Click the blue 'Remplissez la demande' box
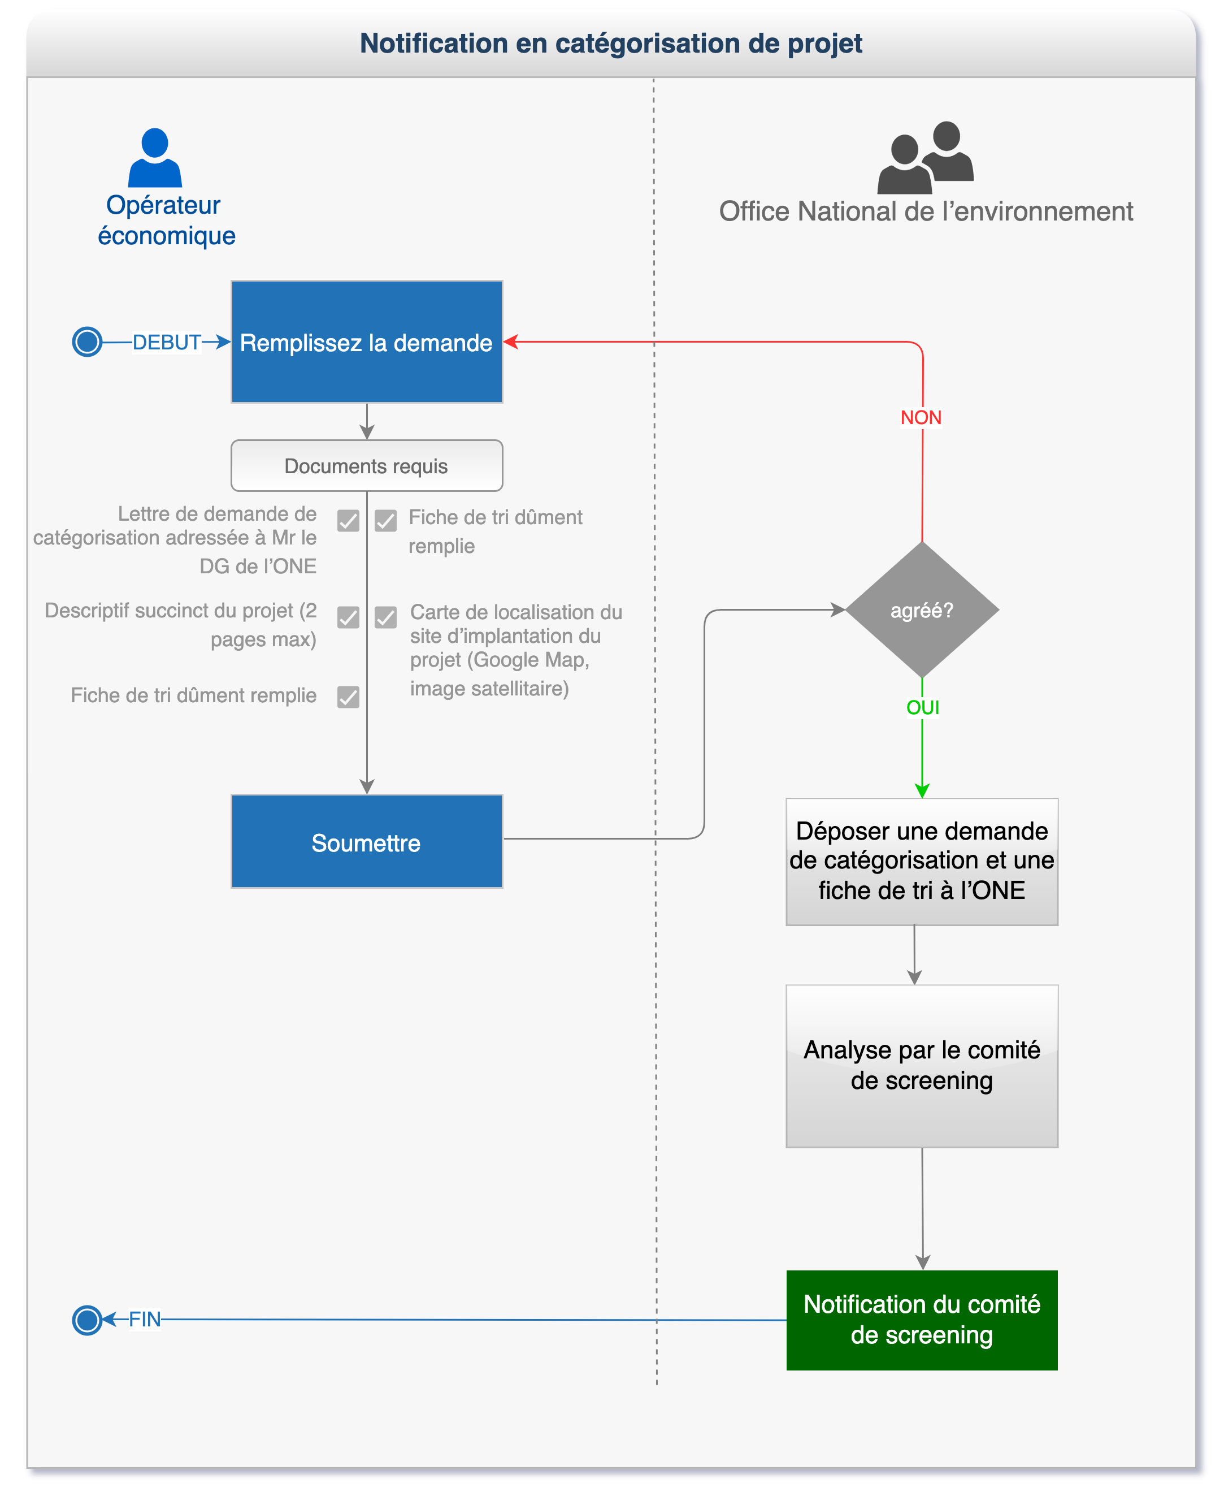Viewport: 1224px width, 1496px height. coord(367,342)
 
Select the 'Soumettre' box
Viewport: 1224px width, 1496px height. coord(367,841)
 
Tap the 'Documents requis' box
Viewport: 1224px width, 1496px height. coord(367,465)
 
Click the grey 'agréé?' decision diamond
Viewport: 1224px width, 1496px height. coord(922,610)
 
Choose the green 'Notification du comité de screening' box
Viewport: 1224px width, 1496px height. coord(922,1320)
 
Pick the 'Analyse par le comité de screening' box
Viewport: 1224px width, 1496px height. coord(922,1066)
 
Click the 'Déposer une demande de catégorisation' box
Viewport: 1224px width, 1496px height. coord(922,861)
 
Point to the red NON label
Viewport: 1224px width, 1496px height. coord(921,418)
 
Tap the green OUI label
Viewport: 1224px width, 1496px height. coord(923,707)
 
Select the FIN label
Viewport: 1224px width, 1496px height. coord(145,1319)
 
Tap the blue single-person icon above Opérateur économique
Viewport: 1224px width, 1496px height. coord(155,157)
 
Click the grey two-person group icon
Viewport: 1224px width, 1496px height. coord(925,157)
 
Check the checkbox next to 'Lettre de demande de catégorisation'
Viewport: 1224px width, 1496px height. coord(348,521)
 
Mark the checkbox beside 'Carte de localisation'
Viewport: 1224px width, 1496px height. coord(385,617)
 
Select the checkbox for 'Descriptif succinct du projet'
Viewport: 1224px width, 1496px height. coord(348,617)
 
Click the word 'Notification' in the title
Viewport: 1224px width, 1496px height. coord(433,44)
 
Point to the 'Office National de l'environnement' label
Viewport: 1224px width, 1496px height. coord(926,211)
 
